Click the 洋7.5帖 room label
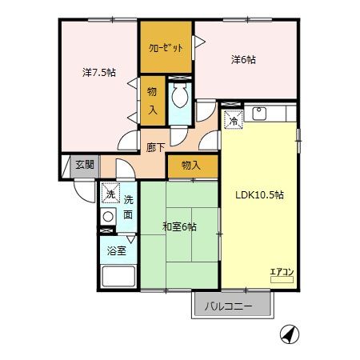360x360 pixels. pos(99,72)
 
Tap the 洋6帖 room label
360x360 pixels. pos(244,58)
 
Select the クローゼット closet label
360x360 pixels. pos(166,47)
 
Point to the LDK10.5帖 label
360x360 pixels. pos(258,194)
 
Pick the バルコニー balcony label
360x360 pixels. pos(228,306)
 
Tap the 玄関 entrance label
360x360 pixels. pos(84,165)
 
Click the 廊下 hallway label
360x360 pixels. pos(156,148)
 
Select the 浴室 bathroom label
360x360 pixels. pos(118,250)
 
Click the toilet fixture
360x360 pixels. pos(179,100)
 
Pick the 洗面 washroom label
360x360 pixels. pos(128,206)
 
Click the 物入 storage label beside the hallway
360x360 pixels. pos(190,166)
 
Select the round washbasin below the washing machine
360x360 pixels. pos(108,216)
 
